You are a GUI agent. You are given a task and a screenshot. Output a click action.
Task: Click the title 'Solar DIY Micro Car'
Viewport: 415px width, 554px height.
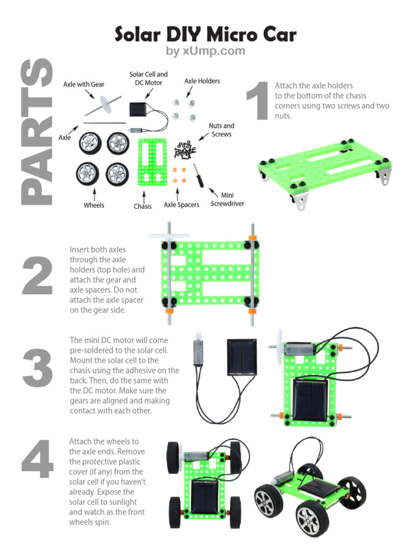205,35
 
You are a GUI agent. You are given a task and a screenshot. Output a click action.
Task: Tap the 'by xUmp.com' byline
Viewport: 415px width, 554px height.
205,51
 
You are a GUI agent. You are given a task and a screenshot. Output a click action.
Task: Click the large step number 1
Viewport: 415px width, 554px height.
257,101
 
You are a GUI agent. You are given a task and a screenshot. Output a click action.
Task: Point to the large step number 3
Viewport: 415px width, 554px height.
37,368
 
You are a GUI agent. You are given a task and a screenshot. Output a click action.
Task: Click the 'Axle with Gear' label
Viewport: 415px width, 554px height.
84,84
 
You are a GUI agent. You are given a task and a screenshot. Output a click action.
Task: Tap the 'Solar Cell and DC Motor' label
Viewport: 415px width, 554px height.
148,78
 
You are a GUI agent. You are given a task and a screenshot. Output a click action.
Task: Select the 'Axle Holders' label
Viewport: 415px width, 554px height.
202,81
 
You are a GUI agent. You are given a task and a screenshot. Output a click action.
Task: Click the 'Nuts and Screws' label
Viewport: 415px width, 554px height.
222,130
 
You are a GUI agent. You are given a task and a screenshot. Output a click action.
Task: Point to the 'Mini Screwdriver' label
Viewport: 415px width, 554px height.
227,199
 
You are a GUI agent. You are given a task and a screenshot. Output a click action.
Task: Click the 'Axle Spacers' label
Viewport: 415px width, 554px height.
182,205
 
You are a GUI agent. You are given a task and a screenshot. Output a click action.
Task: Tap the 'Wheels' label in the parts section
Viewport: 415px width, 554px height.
94,205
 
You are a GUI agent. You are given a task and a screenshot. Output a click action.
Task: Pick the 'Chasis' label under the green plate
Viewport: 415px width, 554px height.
143,206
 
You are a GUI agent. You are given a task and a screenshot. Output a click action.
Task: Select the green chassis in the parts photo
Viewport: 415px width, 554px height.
152,162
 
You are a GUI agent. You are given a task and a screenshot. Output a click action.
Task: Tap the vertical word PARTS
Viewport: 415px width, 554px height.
37,133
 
